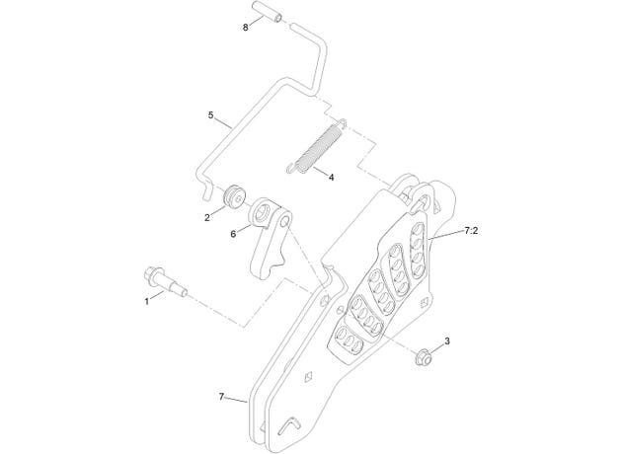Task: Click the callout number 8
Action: point(246,28)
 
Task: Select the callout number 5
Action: point(210,115)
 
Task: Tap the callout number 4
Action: point(331,177)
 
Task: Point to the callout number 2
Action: point(207,217)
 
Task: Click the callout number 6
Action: point(233,234)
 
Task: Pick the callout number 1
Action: point(147,301)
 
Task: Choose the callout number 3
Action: point(447,341)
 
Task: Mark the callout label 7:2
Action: point(471,230)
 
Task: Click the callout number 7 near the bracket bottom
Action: point(221,396)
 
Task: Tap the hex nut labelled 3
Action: point(423,355)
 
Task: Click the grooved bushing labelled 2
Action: point(235,196)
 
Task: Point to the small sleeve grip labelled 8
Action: point(268,11)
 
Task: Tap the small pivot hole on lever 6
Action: point(284,222)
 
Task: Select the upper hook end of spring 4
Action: point(343,122)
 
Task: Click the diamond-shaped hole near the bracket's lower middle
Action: point(309,376)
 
